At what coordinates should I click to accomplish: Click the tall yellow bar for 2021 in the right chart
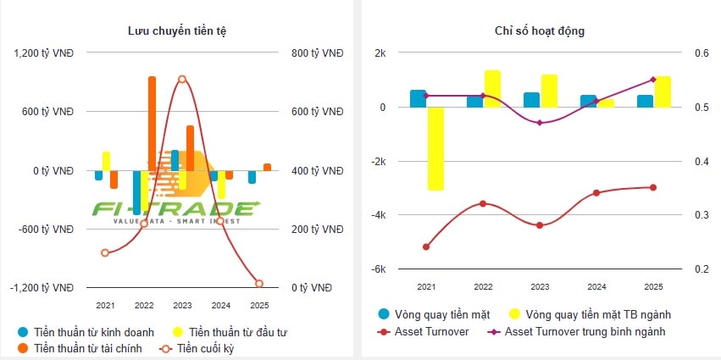pos(435,148)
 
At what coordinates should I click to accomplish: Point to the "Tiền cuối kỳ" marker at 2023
pos(182,79)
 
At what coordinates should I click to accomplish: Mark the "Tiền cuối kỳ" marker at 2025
pos(259,283)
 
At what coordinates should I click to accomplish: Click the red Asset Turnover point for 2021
pos(425,246)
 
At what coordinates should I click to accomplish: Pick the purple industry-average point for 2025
pos(653,80)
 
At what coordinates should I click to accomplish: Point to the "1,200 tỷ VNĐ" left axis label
pos(44,53)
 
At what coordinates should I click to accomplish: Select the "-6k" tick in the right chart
pos(378,269)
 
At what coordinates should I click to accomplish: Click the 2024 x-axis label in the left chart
pos(220,305)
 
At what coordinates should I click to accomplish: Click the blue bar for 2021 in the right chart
pos(418,98)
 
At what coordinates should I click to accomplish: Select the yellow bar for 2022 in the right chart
pos(492,88)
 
